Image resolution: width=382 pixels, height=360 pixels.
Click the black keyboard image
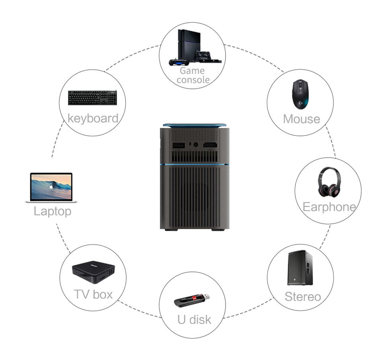(92, 98)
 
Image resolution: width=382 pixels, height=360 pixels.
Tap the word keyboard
(93, 118)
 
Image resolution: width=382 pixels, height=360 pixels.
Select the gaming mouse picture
(300, 94)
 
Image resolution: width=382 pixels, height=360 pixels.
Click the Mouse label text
(302, 119)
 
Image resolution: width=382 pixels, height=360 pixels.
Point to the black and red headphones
(329, 182)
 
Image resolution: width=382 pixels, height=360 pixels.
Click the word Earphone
(329, 207)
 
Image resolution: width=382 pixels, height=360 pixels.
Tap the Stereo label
(302, 297)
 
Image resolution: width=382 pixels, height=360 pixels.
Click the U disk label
(194, 319)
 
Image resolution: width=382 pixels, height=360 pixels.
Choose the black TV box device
(93, 272)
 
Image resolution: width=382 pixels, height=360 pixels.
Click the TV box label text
(93, 294)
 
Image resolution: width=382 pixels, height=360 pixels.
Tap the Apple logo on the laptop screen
(51, 187)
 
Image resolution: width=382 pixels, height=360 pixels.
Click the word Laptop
(53, 211)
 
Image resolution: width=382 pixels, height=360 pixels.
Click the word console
(193, 80)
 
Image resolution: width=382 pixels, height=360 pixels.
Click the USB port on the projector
(179, 145)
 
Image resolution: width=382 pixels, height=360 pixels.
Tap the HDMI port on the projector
(210, 145)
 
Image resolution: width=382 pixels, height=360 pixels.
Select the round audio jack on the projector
(196, 145)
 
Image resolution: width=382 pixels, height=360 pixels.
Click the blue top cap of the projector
(195, 125)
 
